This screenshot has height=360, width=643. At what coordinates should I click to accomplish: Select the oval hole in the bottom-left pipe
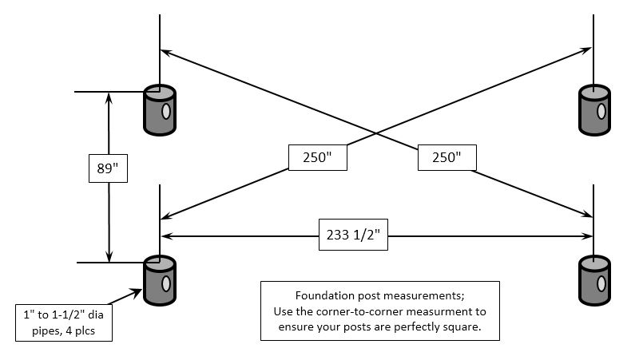165,283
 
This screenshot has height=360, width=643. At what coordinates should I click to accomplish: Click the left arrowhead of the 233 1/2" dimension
166,236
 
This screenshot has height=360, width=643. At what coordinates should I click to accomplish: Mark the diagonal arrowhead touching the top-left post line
165,52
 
